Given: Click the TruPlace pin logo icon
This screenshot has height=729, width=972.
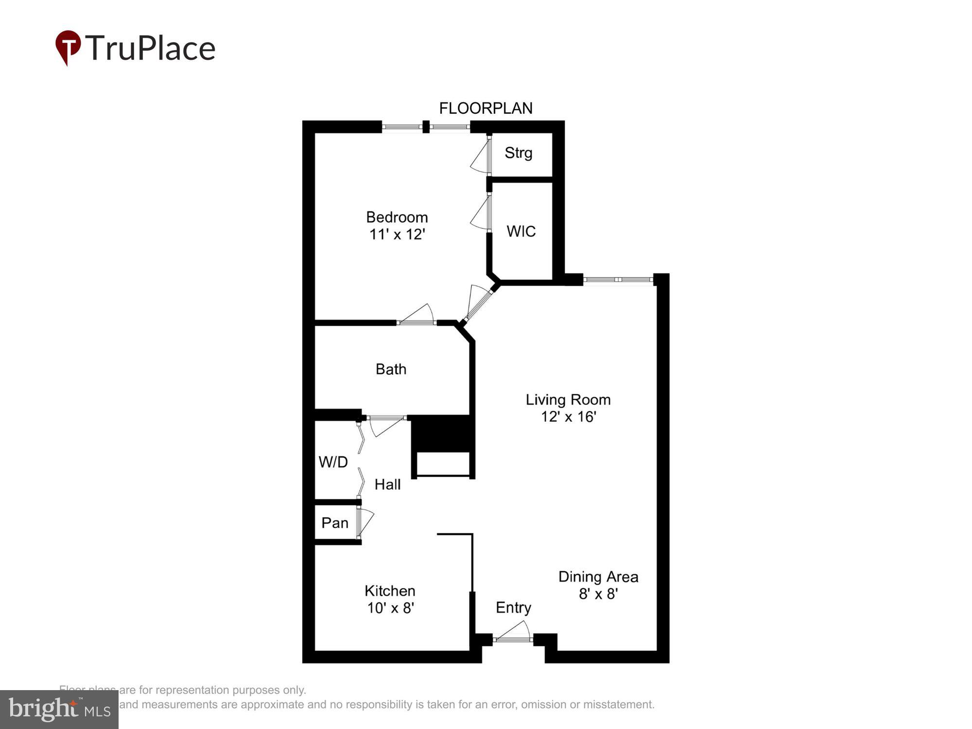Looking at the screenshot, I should point(68,47).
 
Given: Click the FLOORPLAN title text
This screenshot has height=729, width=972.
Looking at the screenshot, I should point(486,108).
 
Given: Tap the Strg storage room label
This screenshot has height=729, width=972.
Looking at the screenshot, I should point(518,153).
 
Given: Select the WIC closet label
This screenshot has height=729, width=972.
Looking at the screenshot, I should point(521,231).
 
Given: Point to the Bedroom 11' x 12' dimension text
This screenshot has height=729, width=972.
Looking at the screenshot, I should point(397,234).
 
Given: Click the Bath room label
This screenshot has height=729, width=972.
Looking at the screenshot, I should point(391,369).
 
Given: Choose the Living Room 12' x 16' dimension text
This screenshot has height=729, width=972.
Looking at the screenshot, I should point(568,417).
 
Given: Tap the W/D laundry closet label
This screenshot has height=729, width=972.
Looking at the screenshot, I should point(333,462).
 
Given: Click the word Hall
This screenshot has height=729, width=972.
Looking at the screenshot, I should point(387,485).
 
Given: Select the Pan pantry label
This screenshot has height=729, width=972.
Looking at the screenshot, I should point(335,523).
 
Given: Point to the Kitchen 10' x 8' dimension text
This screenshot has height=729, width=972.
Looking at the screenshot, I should point(390,608).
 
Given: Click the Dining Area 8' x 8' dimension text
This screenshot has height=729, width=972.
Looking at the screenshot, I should point(598,594).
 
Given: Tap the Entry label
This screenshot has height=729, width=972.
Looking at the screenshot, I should point(513,607).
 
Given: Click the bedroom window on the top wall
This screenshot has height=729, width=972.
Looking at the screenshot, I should point(426,127).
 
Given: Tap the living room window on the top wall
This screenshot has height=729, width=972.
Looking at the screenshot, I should point(618,280).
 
